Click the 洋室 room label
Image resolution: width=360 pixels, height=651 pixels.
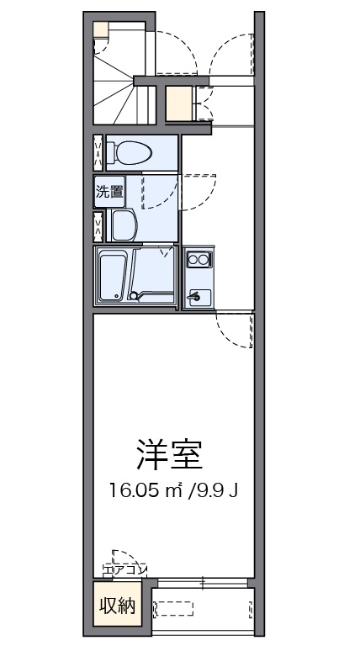169,455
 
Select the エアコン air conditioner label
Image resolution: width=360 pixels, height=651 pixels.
124,570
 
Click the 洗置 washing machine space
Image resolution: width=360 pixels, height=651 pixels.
109,192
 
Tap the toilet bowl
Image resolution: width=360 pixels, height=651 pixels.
130,152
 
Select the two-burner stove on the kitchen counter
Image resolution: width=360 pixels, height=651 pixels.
198,260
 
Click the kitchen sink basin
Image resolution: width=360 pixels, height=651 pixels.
199,297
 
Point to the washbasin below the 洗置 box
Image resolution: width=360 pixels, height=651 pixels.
123,225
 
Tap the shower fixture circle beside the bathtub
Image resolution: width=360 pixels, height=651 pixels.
133,295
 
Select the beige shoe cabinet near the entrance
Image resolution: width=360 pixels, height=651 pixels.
179,103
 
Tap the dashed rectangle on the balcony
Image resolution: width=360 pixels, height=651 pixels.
174,609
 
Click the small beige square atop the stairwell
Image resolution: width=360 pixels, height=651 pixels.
101,30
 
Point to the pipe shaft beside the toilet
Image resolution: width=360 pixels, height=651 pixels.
98,152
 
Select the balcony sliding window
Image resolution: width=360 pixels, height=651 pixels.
203,583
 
